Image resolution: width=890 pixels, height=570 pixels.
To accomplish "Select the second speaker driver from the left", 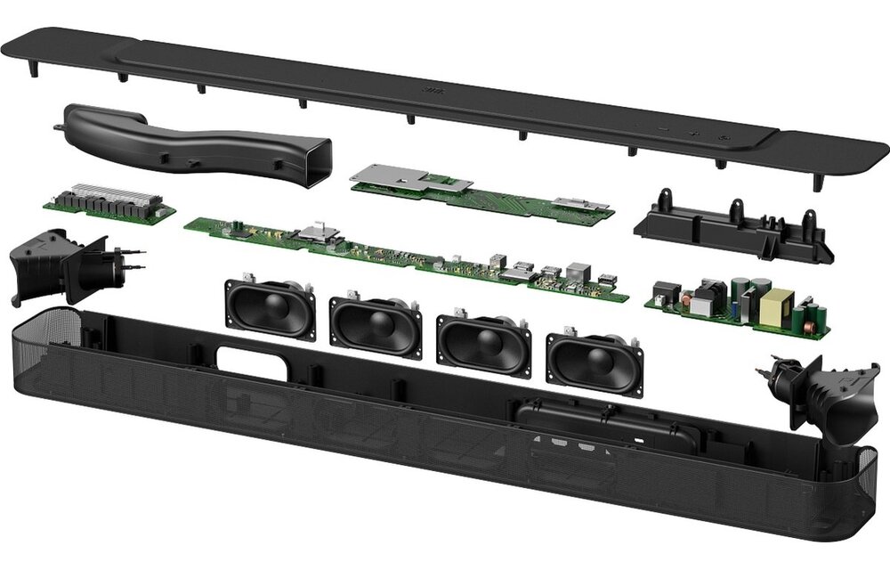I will pos(375,326).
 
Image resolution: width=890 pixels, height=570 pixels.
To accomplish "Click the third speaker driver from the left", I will pos(482,344).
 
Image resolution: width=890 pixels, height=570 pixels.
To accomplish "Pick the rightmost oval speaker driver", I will pos(594,360).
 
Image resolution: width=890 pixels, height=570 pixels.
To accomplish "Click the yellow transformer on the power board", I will pos(776,307).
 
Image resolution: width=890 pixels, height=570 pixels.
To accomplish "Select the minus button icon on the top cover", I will pos(663,131).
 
